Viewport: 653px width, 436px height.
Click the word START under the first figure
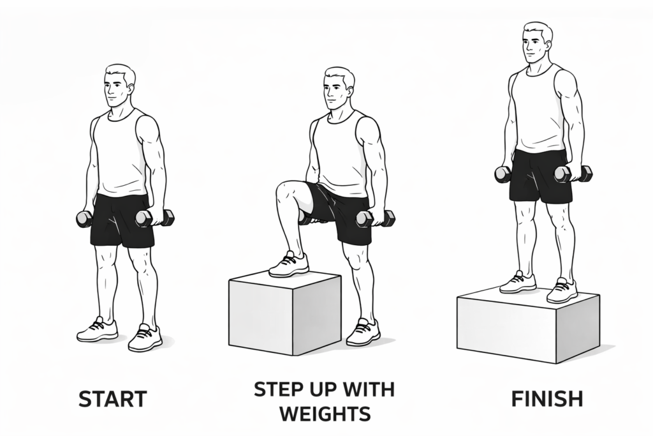pyautogui.click(x=112, y=399)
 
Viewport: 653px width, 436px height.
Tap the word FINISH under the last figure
pyautogui.click(x=547, y=399)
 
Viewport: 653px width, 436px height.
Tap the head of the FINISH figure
pyautogui.click(x=537, y=43)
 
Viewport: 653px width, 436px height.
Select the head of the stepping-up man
pyautogui.click(x=337, y=89)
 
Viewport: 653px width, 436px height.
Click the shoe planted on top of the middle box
pyautogui.click(x=289, y=264)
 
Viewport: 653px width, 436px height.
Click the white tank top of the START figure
pyautogui.click(x=121, y=153)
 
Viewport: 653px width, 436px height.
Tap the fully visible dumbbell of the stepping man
pyautogui.click(x=375, y=218)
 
